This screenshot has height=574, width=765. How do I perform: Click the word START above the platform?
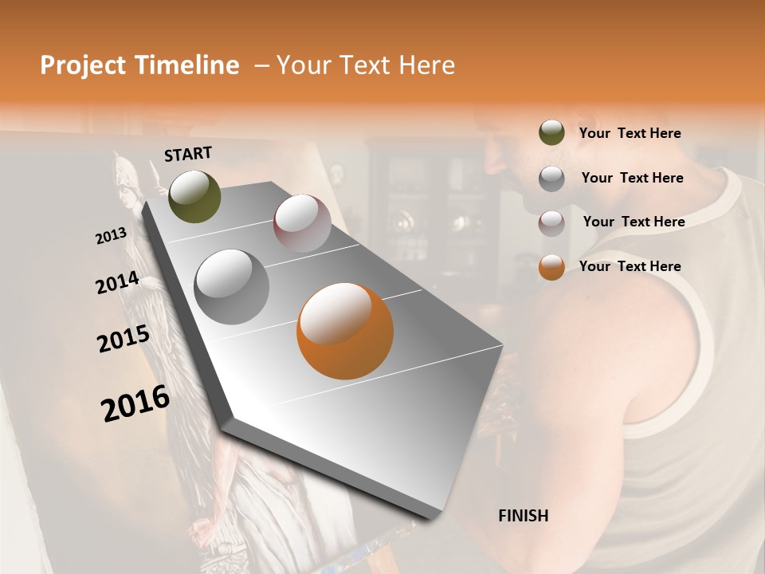click(x=188, y=154)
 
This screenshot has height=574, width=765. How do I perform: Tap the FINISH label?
click(x=523, y=516)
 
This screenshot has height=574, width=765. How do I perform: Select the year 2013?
click(x=112, y=236)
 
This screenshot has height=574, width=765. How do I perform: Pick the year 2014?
click(x=118, y=283)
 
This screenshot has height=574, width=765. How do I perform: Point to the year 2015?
click(x=124, y=339)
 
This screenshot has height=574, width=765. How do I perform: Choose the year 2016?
click(x=135, y=403)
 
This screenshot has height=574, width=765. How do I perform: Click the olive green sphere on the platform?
click(x=194, y=196)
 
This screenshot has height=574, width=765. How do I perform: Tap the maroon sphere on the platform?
click(x=302, y=223)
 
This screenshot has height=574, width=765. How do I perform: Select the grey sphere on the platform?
click(x=231, y=287)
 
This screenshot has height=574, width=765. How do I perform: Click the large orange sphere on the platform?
click(x=345, y=330)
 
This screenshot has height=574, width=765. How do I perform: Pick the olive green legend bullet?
click(x=551, y=133)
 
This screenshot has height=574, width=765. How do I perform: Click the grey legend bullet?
click(x=551, y=179)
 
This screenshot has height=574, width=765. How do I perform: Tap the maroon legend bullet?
click(x=551, y=223)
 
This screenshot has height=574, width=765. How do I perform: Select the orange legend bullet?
click(x=551, y=267)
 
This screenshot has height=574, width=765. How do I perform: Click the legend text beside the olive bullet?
click(x=630, y=134)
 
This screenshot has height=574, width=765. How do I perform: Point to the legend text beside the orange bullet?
click(x=630, y=266)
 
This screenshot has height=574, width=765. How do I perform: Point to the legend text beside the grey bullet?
click(x=632, y=178)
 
